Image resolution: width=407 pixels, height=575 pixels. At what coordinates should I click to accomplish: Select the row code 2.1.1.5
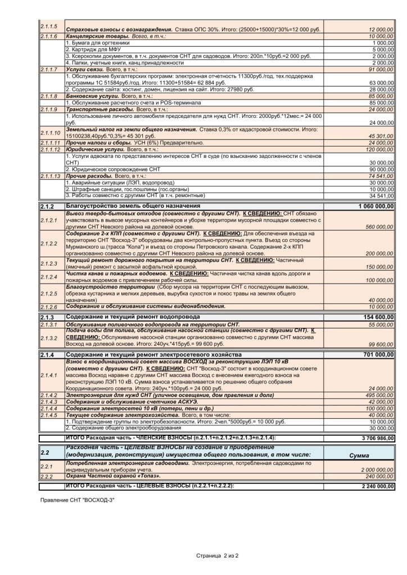[49, 26]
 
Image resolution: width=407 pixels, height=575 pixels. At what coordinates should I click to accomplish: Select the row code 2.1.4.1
[49, 375]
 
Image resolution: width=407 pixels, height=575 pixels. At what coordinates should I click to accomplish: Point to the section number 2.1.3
[47, 317]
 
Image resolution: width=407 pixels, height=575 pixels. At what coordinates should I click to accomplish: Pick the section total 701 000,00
[376, 355]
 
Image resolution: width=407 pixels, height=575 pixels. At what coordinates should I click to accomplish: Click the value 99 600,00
[382, 344]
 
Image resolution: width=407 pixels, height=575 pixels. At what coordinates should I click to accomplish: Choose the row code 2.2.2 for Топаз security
[46, 476]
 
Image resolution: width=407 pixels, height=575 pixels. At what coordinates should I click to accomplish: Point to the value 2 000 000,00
[376, 469]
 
